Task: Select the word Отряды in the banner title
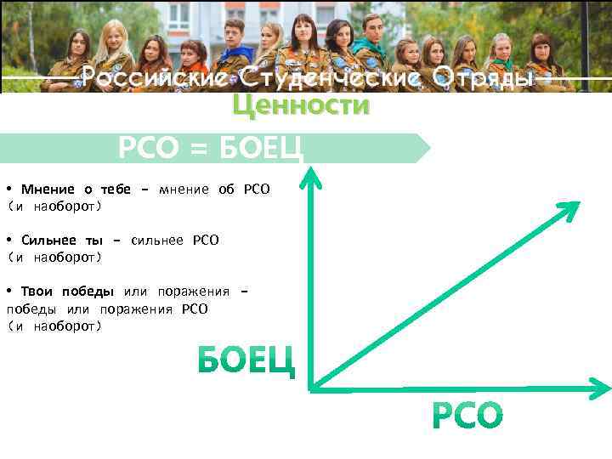click(483, 79)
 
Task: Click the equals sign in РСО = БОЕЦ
click(197, 150)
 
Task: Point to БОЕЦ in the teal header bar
click(259, 150)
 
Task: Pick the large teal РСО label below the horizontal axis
click(467, 416)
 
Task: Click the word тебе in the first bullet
click(115, 189)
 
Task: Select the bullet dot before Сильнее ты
click(8, 240)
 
